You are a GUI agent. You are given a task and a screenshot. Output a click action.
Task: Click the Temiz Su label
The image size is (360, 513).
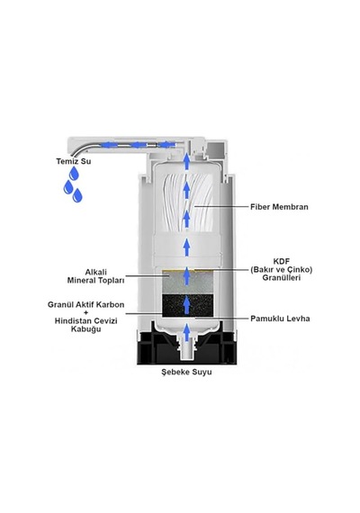(74, 161)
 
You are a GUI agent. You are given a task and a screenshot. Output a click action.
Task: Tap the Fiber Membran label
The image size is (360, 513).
(279, 207)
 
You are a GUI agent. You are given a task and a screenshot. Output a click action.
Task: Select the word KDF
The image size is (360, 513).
(282, 262)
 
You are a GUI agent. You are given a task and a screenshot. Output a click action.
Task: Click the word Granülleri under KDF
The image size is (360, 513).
(282, 278)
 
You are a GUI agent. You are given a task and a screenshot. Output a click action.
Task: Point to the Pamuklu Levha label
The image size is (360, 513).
(280, 319)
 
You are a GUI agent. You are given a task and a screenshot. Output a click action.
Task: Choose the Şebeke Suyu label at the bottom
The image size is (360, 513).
(186, 372)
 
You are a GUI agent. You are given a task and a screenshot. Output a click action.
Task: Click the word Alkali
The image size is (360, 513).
(96, 272)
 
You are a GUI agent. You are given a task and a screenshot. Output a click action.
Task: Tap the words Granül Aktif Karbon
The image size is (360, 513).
(86, 304)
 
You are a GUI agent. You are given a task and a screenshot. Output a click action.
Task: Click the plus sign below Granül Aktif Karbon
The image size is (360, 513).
(86, 313)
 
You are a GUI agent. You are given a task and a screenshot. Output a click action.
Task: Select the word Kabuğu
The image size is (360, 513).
(86, 328)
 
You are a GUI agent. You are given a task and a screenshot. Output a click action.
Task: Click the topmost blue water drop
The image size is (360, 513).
(74, 174)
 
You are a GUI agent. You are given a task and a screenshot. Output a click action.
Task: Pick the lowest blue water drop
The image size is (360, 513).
(77, 195)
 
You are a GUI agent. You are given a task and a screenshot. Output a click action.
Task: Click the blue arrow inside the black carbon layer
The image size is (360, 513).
(186, 305)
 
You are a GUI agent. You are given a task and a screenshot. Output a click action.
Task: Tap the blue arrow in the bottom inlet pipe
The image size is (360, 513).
(186, 332)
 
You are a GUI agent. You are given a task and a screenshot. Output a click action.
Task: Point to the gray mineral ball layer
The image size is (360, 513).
(188, 283)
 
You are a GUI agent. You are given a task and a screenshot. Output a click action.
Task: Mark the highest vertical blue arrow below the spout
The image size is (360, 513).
(186, 161)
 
